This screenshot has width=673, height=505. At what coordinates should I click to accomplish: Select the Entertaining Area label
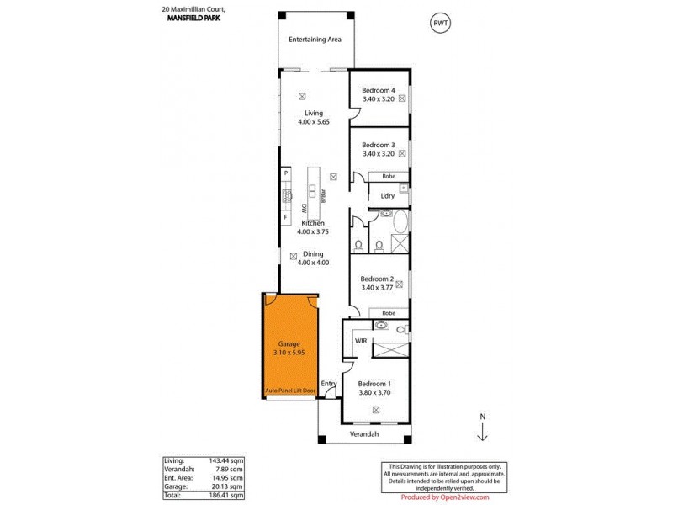pyautogui.click(x=314, y=40)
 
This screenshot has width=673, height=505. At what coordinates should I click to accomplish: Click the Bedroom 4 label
pyautogui.click(x=378, y=90)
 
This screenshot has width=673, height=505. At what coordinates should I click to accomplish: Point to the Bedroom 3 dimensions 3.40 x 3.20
pyautogui.click(x=378, y=154)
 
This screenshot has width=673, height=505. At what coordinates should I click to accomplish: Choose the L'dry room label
pyautogui.click(x=387, y=196)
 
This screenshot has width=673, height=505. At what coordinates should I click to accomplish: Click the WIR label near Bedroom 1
pyautogui.click(x=361, y=341)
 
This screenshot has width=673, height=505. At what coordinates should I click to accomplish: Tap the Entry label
pyautogui.click(x=329, y=385)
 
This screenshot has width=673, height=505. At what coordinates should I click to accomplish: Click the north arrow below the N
pyautogui.click(x=482, y=433)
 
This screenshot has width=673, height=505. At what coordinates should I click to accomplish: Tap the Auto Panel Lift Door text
pyautogui.click(x=290, y=391)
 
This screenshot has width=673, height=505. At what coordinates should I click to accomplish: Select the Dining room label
pyautogui.click(x=313, y=253)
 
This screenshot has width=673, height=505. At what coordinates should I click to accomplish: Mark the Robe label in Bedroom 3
pyautogui.click(x=389, y=176)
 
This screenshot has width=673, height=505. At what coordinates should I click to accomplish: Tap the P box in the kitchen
pyautogui.click(x=286, y=173)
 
